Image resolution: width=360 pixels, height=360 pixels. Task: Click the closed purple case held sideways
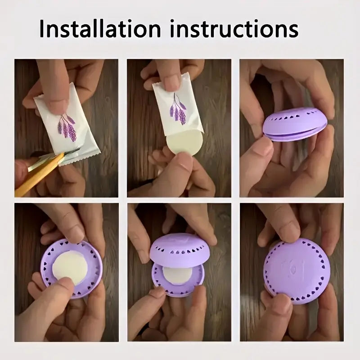coord(292,125)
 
